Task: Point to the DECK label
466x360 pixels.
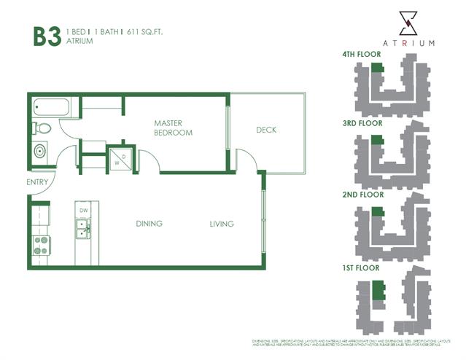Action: [266, 130]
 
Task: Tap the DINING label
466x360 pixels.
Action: [149, 224]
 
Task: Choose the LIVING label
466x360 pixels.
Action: [222, 224]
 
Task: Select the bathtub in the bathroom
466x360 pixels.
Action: [50, 108]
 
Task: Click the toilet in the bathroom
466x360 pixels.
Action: [42, 129]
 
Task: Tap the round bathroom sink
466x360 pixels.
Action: [39, 152]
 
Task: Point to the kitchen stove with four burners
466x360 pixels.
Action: [40, 246]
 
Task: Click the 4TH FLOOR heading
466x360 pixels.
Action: [362, 55]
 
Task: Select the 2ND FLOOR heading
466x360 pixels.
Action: [362, 195]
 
